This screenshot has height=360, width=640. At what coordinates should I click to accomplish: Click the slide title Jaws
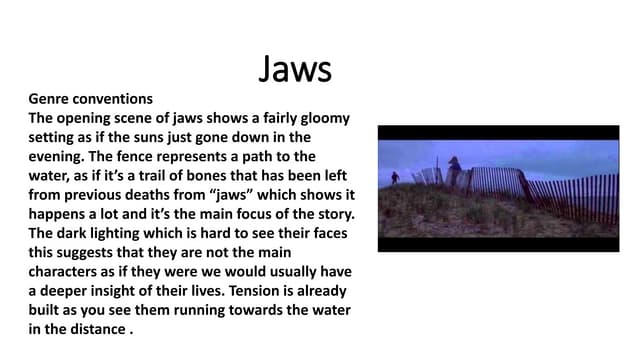[295, 69]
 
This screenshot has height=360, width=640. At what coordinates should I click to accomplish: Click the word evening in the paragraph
[58, 156]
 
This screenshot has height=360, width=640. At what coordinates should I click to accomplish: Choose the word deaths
[167, 194]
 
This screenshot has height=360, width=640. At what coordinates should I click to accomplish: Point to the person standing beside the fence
[453, 170]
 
